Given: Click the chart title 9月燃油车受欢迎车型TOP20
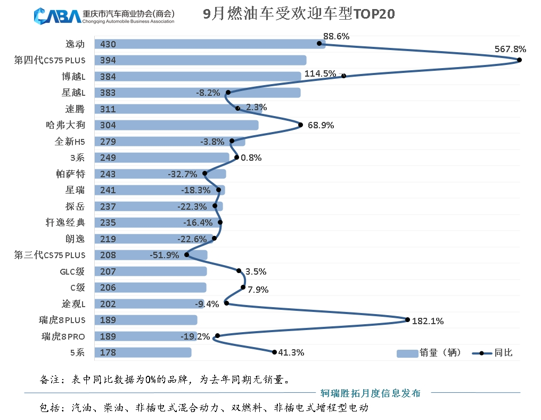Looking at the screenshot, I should [299, 14].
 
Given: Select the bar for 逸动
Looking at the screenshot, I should [210, 44].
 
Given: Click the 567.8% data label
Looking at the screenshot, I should [510, 49].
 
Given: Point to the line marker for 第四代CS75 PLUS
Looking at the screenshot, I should [519, 60].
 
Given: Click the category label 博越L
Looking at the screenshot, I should [73, 77].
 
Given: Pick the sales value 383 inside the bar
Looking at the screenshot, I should [108, 93].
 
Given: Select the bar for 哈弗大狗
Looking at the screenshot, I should [176, 125].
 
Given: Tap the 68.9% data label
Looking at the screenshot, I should [320, 125].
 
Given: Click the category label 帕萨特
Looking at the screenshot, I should [70, 174].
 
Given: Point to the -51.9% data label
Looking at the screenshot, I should [164, 255].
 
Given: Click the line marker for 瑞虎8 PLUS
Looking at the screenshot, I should [407, 320].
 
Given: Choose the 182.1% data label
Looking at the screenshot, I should [428, 321].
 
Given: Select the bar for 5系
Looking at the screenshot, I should [143, 352].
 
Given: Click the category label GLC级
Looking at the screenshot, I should [72, 271].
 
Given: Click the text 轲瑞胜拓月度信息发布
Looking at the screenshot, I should [370, 393].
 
